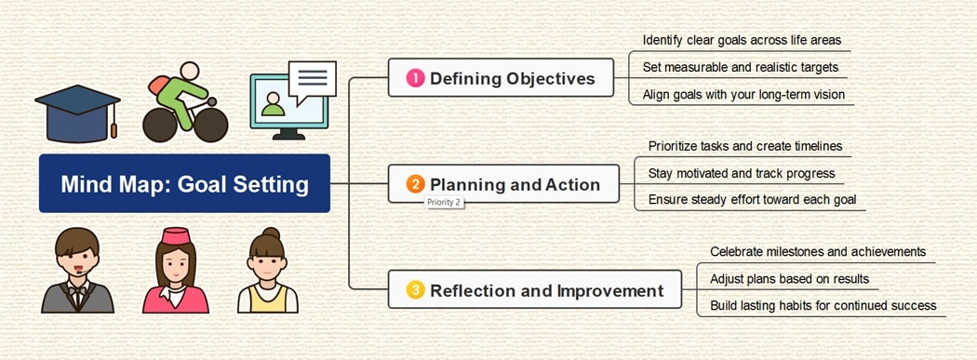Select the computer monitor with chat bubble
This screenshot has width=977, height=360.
pos(291,100)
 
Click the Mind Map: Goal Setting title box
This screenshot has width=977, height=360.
pos(184,183)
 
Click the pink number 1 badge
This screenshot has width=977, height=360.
pos(415,78)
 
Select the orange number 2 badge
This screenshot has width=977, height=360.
pos(415,184)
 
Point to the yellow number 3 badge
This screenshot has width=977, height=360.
pos(415,290)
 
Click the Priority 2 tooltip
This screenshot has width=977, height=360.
pos(444,201)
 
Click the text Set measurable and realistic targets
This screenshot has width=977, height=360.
pos(740,67)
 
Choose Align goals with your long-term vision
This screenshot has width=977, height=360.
pos(743,94)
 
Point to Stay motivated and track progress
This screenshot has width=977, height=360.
pos(742,173)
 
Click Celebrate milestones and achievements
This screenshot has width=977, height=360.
pos(817,251)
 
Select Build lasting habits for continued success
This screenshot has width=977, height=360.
pos(823,305)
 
